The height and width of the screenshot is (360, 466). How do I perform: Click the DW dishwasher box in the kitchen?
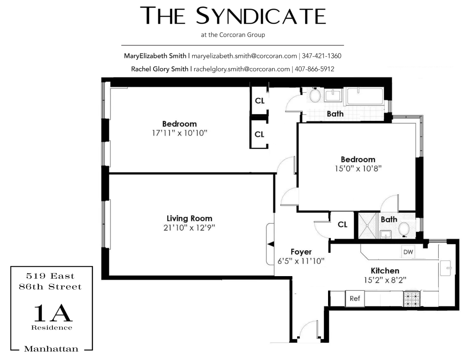408,252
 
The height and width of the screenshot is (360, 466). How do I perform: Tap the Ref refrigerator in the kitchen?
355,298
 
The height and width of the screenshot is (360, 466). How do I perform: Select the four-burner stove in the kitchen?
412,299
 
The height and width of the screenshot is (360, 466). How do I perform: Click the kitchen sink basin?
446,268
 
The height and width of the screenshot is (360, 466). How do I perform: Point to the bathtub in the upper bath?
365,96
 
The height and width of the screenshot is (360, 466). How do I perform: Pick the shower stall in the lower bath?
367,225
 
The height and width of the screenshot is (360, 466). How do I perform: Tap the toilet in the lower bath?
404,229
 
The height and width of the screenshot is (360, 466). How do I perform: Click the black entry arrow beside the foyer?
271,244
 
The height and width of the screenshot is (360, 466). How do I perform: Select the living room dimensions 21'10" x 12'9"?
189,228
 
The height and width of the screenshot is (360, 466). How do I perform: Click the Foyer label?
301,252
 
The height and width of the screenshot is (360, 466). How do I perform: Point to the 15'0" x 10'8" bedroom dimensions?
358,168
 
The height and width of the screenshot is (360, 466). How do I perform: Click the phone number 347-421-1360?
322,56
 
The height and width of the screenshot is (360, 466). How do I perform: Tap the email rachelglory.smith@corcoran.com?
242,69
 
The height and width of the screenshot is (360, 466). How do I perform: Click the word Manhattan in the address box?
51,349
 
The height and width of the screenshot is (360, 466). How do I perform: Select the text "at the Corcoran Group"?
233,35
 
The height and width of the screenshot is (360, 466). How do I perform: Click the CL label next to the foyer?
342,224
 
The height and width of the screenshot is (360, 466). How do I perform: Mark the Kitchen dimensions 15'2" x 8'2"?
385,280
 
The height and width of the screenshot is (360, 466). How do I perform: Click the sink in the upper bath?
333,95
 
